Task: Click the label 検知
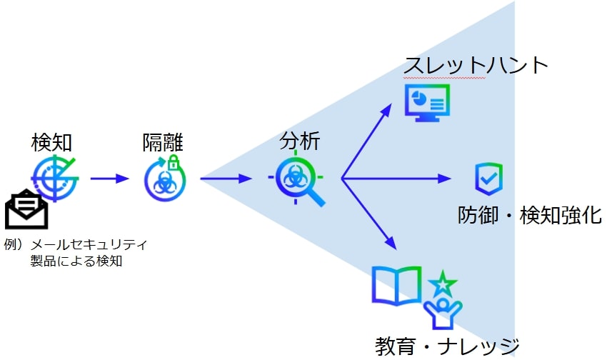pos(51,142)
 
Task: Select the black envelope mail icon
pos(26,209)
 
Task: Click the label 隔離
pos(163,142)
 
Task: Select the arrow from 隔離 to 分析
pos(226,179)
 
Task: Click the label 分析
pos(299,141)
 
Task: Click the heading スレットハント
pos(476,65)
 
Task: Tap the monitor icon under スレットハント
pos(427,101)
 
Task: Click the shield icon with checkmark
pos(489,179)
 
